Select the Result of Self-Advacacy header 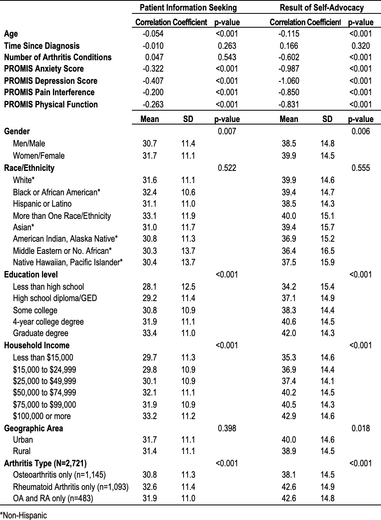click(322, 8)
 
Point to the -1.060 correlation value click(289, 81)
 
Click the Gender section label click(17, 131)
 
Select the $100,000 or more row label click(42, 416)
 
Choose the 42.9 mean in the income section click(289, 416)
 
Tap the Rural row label click(22, 451)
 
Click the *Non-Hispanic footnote click(24, 515)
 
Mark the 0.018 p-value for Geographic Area click(360, 428)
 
